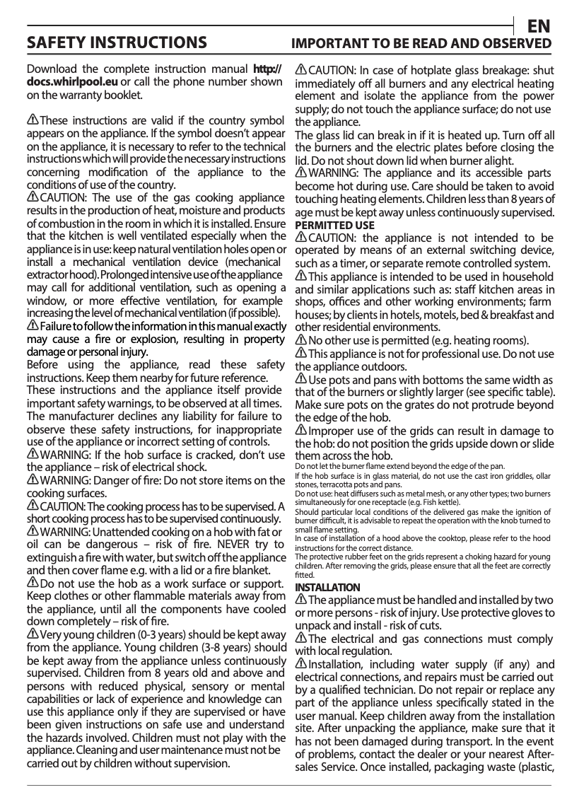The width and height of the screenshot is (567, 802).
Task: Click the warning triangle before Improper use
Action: tap(301, 431)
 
